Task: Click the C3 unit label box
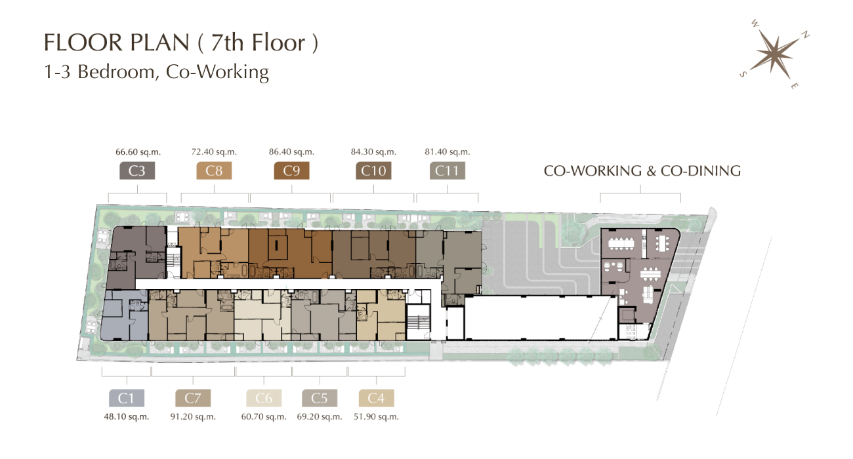pyautogui.click(x=137, y=170)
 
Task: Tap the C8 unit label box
pyautogui.click(x=214, y=170)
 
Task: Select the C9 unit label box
pyautogui.click(x=292, y=170)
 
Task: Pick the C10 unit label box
pyautogui.click(x=373, y=170)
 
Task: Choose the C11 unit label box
pyautogui.click(x=447, y=170)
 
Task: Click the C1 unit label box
pyautogui.click(x=127, y=398)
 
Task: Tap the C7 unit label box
pyautogui.click(x=193, y=398)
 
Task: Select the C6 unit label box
pyautogui.click(x=264, y=398)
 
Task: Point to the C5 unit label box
pyautogui.click(x=320, y=398)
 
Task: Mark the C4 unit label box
pyautogui.click(x=376, y=398)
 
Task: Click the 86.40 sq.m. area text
pyautogui.click(x=292, y=152)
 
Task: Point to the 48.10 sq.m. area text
pyautogui.click(x=127, y=417)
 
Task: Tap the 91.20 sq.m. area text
pyautogui.click(x=193, y=417)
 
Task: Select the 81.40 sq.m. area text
pyautogui.click(x=447, y=152)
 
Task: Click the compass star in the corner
pyautogui.click(x=776, y=54)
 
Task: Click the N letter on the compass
pyautogui.click(x=806, y=35)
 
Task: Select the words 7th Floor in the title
pyautogui.click(x=258, y=43)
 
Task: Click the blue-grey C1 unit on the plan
pyautogui.click(x=124, y=316)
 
